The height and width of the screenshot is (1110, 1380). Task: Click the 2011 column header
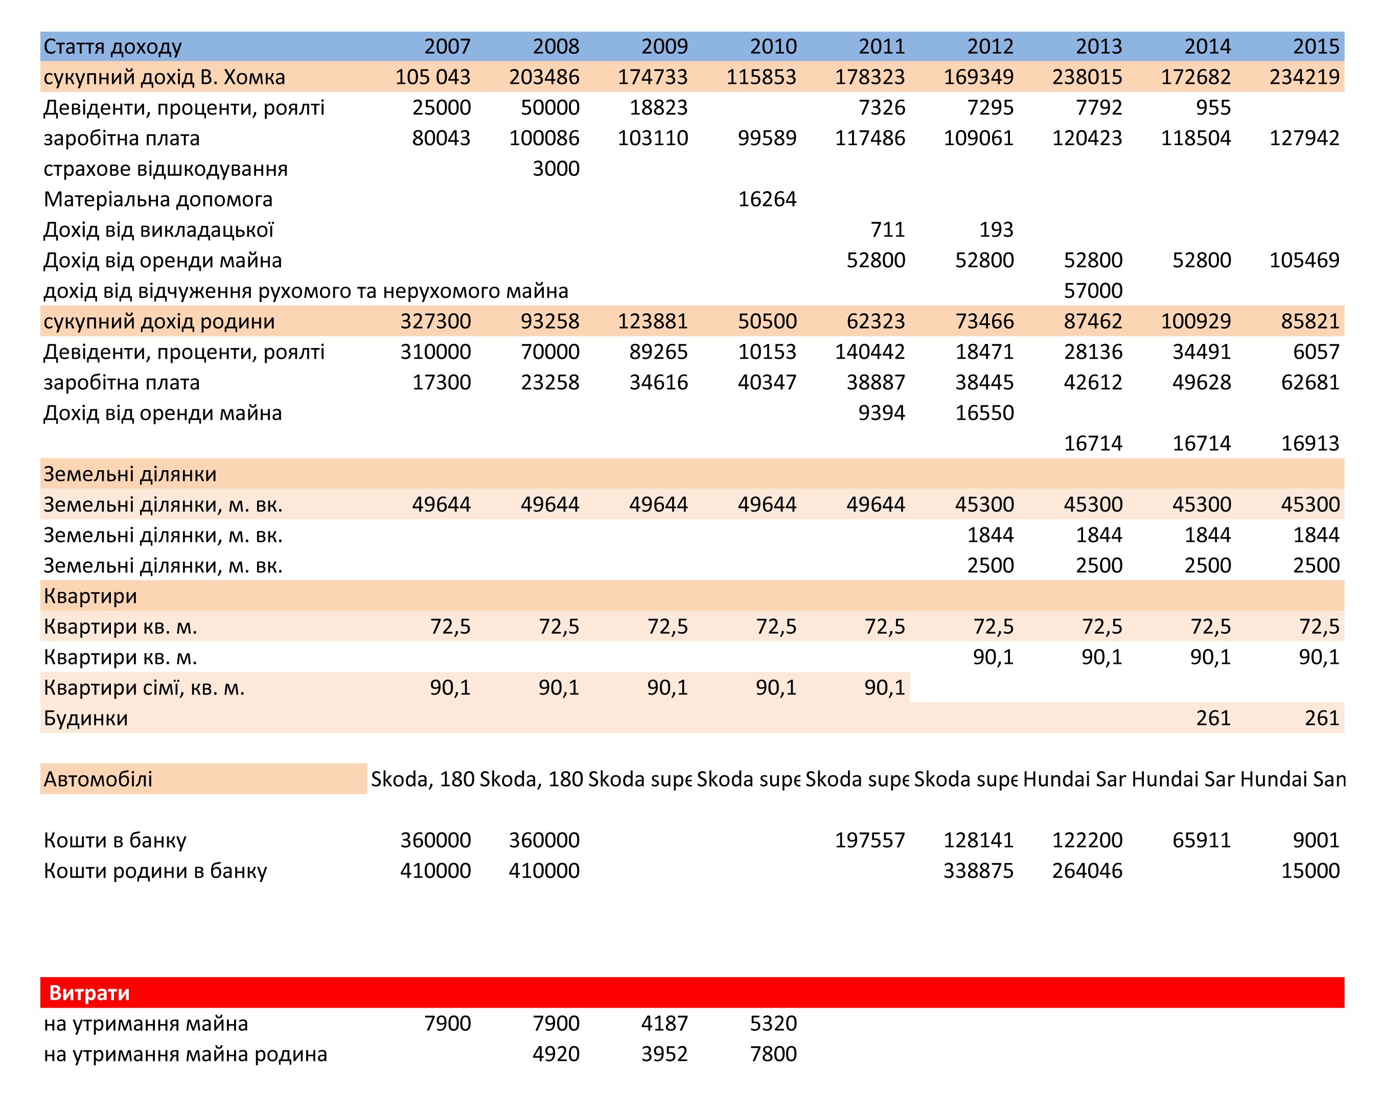coord(881,46)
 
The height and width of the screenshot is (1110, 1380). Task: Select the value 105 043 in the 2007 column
coord(433,77)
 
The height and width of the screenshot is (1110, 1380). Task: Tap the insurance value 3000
coord(556,168)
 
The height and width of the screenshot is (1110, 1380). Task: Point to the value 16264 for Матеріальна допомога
coord(767,199)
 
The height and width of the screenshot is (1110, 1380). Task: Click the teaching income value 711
coord(887,229)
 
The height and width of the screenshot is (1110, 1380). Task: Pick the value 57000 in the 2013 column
coord(1093,291)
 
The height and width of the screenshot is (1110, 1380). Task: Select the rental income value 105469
coord(1304,260)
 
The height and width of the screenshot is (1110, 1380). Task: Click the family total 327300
coord(435,321)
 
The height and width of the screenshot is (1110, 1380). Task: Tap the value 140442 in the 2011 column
coord(870,352)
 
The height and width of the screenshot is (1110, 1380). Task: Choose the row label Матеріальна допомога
coord(158,199)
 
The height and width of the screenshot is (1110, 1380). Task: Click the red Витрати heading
coord(89,993)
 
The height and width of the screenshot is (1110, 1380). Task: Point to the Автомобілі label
coord(98,779)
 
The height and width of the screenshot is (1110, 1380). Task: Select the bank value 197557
coord(870,840)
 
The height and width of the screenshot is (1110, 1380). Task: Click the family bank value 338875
coord(978,871)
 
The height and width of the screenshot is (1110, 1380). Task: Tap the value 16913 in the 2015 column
coord(1310,443)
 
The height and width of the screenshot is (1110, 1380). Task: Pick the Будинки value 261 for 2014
coord(1213,718)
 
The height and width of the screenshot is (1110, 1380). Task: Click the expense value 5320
coord(773,1023)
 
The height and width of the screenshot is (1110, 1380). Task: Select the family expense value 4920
coord(556,1054)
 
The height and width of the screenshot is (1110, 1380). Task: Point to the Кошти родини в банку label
coord(155,871)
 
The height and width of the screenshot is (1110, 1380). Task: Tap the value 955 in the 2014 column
coord(1213,107)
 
